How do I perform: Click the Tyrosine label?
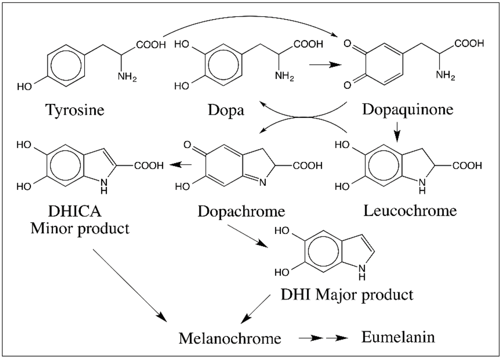pos(75,109)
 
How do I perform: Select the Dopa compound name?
pos(226,109)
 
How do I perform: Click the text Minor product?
pos(80,228)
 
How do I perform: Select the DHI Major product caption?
pos(347,294)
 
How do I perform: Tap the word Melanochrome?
pos(230,338)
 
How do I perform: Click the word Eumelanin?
pos(398,337)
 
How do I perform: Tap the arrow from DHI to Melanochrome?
pos(257,309)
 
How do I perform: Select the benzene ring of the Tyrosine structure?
pos(65,66)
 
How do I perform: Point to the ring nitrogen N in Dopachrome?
pos(263,183)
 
